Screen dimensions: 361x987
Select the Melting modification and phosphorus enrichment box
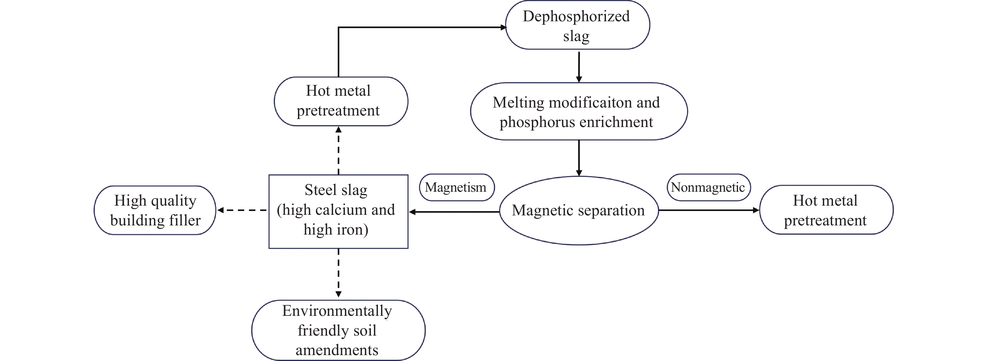point(578,112)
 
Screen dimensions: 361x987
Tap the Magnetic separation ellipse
point(578,210)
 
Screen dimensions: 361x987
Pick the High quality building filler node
point(155,210)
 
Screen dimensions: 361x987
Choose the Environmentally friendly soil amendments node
point(338,330)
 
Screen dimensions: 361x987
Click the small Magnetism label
point(456,188)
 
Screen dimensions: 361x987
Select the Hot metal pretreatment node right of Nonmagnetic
point(826,210)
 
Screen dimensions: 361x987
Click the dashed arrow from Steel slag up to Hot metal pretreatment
point(338,150)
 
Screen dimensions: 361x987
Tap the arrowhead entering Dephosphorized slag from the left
point(503,27)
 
